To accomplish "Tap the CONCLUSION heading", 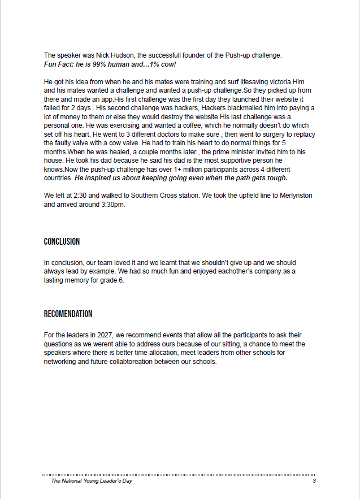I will coord(62,242).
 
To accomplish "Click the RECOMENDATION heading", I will coord(68,314).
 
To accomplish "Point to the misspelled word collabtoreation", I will coord(159,362).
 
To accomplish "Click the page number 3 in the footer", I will coord(314,481).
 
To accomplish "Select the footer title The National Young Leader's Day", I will coord(92,481).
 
